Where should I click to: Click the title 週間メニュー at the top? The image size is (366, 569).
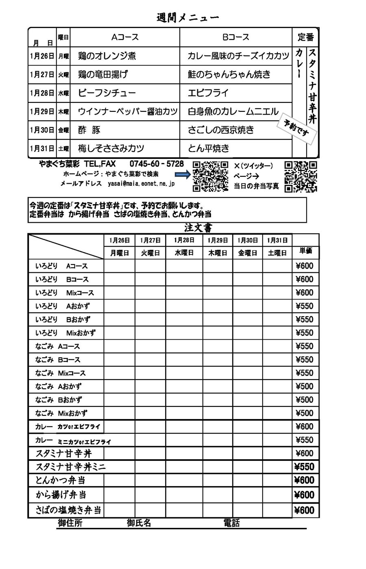[188, 18]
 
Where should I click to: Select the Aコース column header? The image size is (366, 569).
[125, 37]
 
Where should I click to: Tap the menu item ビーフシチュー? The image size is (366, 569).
[107, 93]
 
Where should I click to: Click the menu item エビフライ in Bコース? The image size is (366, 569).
[208, 93]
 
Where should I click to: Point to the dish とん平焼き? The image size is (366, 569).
[209, 148]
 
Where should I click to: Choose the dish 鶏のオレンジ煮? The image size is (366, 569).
[107, 56]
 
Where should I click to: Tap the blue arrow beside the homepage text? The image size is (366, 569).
[183, 174]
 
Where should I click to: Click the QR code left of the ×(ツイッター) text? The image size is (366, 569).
[210, 176]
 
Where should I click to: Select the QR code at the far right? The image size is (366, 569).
[301, 176]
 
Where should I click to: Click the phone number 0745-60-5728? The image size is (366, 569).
[157, 164]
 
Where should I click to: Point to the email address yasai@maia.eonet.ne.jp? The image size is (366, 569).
[141, 184]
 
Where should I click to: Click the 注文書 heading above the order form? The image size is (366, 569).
[198, 228]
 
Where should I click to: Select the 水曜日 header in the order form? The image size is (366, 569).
[184, 253]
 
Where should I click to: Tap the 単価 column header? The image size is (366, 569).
[306, 251]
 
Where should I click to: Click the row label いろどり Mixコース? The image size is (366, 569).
[65, 293]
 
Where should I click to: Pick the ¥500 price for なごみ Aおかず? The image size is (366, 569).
[305, 387]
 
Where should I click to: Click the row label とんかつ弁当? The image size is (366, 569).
[61, 480]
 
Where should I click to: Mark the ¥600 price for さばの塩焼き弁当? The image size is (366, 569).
[305, 510]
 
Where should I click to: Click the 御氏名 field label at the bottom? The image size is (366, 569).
[139, 523]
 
